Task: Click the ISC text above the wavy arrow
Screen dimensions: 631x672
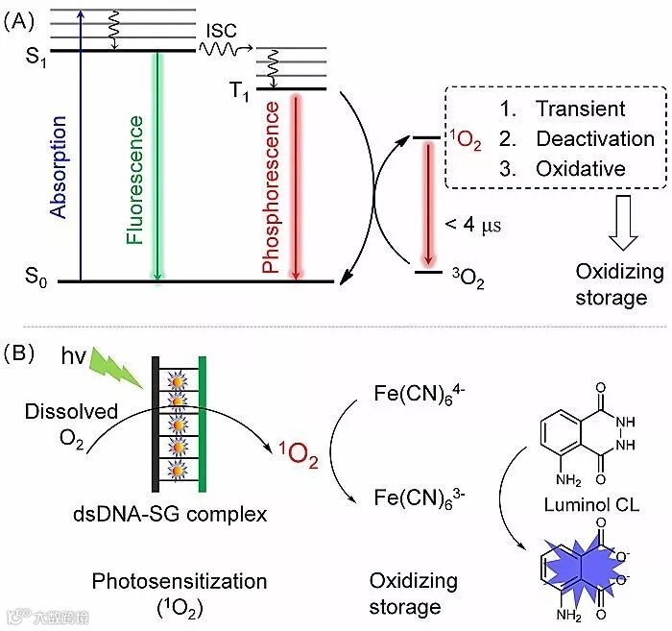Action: (x=222, y=30)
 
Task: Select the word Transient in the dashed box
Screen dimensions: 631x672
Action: (x=580, y=109)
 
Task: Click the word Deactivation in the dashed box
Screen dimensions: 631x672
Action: (x=594, y=138)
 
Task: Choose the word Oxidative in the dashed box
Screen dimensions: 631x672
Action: (x=580, y=169)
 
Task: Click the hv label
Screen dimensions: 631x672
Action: (x=74, y=357)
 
